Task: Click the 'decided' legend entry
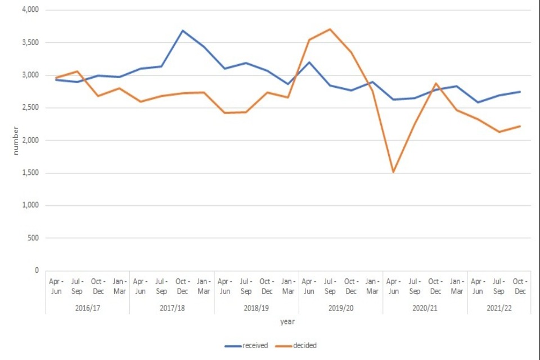(x=304, y=345)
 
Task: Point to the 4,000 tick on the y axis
(x=29, y=10)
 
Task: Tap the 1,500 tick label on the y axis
(x=29, y=173)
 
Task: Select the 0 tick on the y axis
(x=37, y=271)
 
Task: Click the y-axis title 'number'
(x=16, y=141)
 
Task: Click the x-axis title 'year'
(x=287, y=322)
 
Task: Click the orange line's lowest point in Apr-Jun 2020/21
(x=393, y=172)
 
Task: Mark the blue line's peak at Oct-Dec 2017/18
(x=182, y=30)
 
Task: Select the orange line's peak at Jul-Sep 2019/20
(x=330, y=29)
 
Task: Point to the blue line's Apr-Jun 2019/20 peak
(x=309, y=62)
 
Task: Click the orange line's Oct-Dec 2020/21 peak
(x=435, y=83)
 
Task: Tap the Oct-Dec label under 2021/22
(x=520, y=286)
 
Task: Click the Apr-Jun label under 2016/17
(x=56, y=286)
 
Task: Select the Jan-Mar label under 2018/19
(x=287, y=286)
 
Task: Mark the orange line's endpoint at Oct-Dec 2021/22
(x=520, y=126)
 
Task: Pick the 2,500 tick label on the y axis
(x=29, y=107)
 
